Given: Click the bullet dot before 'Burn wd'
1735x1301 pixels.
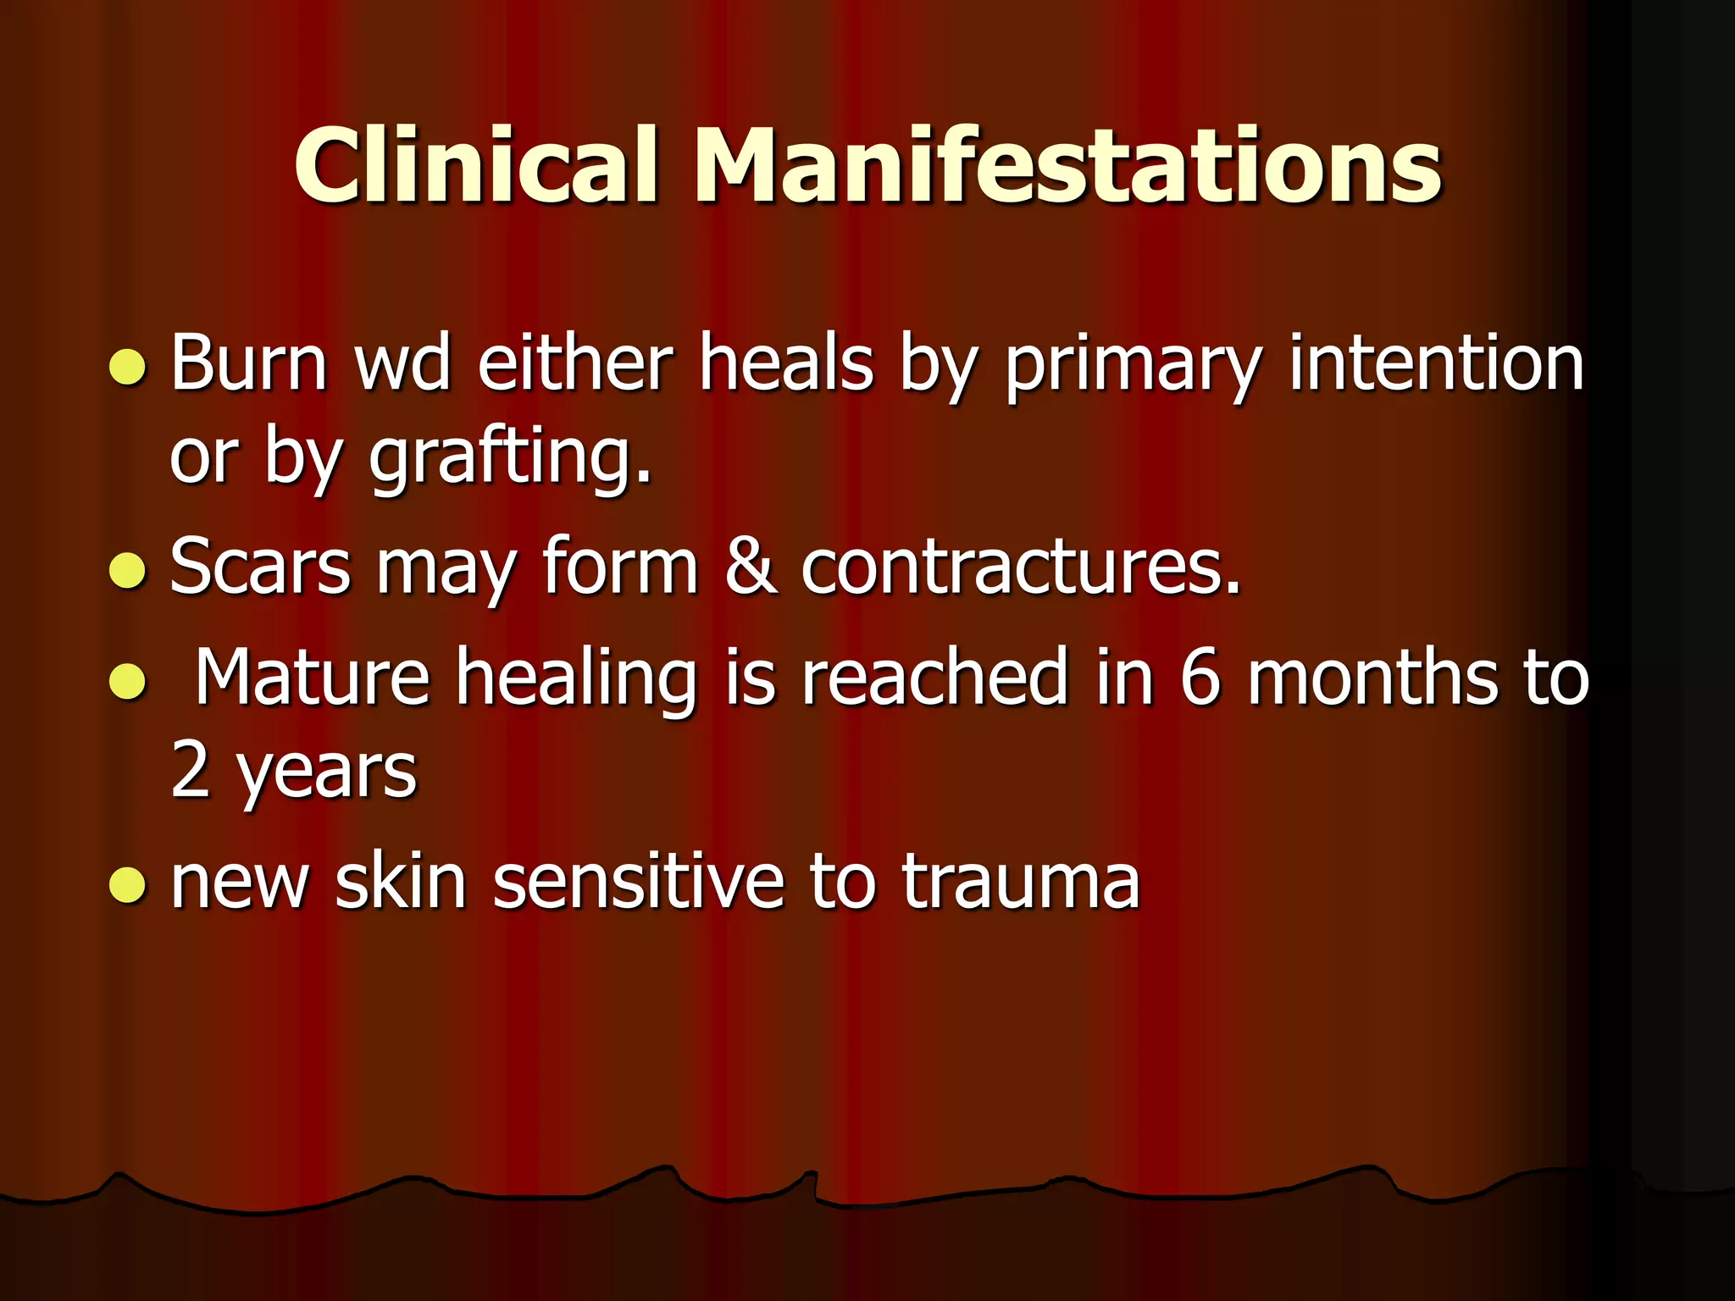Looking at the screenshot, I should click(128, 367).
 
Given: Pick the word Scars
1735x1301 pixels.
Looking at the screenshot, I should click(260, 566).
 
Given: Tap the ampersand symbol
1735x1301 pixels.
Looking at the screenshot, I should click(750, 566).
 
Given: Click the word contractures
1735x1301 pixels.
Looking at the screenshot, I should click(1021, 566).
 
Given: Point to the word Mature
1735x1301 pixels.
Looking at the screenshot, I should click(313, 677).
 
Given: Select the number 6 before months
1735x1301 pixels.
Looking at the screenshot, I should click(1200, 677).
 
